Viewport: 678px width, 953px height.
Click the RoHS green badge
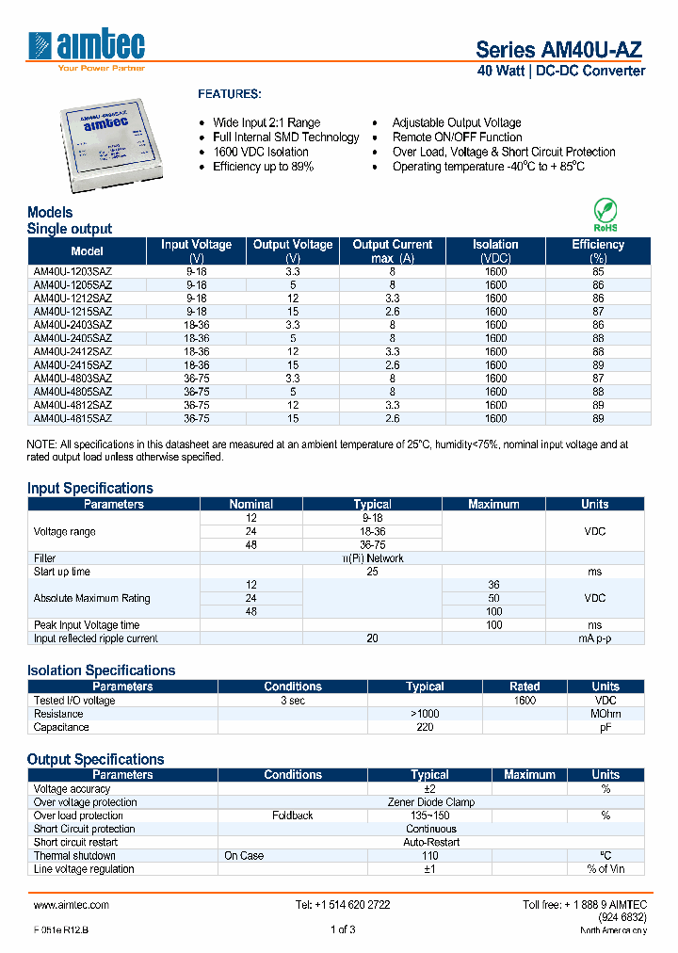tap(605, 215)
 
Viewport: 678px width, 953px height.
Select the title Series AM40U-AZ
tap(560, 50)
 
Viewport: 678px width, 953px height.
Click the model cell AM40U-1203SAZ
tap(73, 271)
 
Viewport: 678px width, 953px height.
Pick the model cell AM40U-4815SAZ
tap(73, 418)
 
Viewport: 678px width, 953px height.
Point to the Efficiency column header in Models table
tap(598, 250)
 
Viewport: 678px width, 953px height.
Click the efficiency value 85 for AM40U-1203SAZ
tap(598, 271)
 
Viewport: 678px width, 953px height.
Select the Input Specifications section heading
tap(89, 488)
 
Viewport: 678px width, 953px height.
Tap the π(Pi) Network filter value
tap(372, 558)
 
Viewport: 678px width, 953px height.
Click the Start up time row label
tap(62, 572)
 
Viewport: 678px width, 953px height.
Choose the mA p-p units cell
tap(594, 638)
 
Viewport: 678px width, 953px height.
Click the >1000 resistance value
tap(425, 714)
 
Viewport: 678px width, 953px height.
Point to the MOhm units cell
tap(605, 714)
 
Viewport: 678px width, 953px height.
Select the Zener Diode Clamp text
tap(430, 802)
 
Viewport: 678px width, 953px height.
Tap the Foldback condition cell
tap(292, 816)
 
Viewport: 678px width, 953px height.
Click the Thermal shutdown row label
tap(74, 856)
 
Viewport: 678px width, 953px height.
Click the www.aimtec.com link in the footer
tap(72, 904)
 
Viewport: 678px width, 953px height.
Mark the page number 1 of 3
tap(343, 930)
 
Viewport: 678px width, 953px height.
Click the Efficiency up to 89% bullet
tap(263, 167)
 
